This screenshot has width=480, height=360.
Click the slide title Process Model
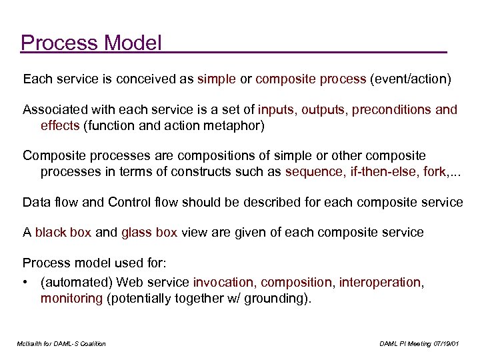tap(91, 43)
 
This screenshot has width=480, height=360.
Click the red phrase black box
tap(63, 232)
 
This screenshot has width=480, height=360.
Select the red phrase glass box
tap(149, 232)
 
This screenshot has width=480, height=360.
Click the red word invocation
tap(223, 283)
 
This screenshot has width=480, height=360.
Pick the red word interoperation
tap(380, 283)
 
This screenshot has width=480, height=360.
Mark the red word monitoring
tap(71, 298)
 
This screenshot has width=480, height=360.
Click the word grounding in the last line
tap(274, 298)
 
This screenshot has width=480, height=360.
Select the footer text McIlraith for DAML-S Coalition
tap(62, 343)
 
